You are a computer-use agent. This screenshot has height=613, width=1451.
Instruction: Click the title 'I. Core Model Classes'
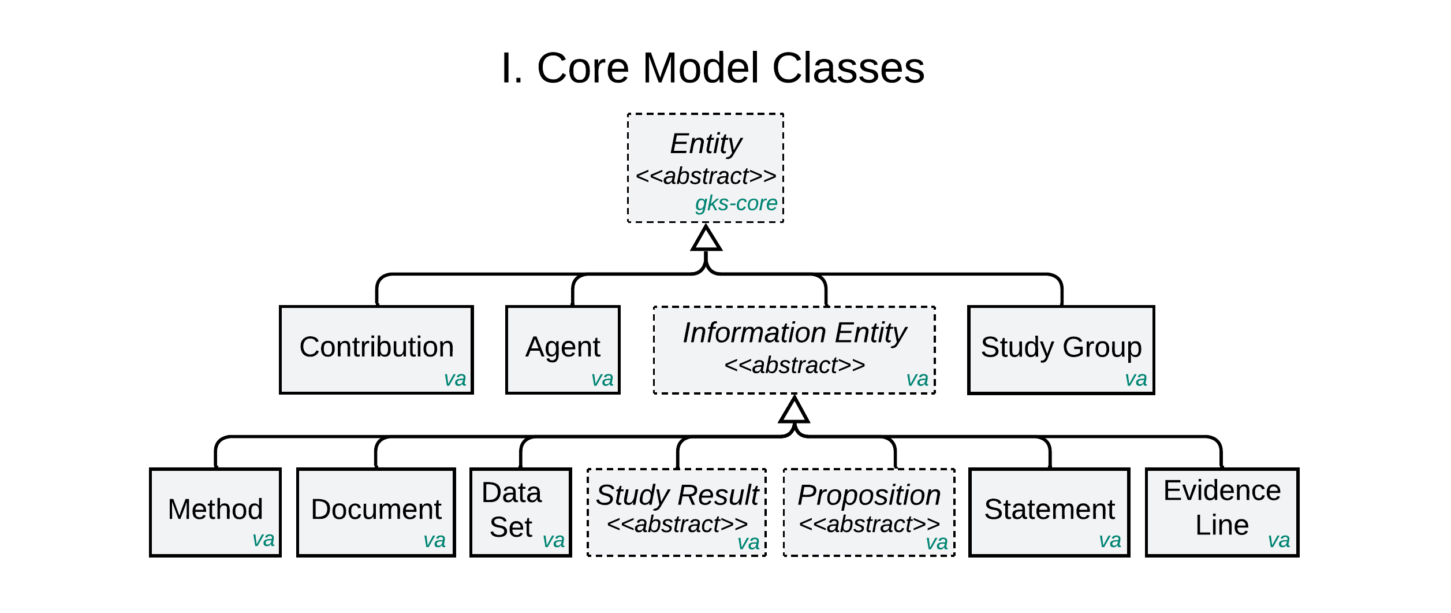713,68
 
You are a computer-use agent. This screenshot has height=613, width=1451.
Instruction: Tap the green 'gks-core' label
736,203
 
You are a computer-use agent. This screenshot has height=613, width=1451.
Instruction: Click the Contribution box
376,349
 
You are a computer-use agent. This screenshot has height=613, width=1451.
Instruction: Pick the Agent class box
562,349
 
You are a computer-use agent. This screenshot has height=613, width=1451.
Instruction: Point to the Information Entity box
794,349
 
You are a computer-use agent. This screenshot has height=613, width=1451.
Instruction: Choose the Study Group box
1061,349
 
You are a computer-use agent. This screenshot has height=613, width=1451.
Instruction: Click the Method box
215,512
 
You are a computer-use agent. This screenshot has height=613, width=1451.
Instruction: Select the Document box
376,512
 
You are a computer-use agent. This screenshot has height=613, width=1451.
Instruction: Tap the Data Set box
520,512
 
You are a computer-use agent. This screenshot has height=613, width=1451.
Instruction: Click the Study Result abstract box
677,512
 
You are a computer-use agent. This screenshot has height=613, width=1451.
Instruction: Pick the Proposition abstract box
869,512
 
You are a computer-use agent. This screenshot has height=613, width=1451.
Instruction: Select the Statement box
1049,512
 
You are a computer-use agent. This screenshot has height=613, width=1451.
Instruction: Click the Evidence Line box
1222,512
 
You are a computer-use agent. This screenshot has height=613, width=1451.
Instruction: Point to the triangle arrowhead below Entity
706,239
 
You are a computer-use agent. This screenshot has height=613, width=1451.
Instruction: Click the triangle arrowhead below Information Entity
794,411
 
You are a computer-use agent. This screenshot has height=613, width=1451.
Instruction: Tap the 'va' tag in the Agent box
602,379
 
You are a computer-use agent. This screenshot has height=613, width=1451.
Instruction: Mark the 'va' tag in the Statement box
1110,540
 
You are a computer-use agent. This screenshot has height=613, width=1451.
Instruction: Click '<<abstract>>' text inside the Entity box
706,176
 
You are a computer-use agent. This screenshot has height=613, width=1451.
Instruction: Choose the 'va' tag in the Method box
263,539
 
